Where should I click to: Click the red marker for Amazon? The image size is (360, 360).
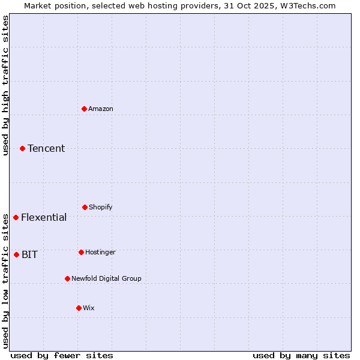(x=85, y=109)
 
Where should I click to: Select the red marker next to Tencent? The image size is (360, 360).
(x=22, y=148)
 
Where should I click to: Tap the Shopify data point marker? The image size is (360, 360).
(x=85, y=207)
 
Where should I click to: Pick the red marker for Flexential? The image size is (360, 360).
(x=16, y=217)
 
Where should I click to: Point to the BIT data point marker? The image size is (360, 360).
(x=16, y=254)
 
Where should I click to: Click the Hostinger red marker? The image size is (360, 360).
(x=81, y=252)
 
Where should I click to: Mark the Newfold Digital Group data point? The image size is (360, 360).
(x=67, y=278)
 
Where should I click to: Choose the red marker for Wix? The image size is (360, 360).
(x=79, y=308)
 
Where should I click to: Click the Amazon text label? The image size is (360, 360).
(x=101, y=109)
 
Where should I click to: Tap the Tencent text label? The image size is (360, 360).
(x=46, y=148)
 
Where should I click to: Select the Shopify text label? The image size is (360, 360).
(x=101, y=207)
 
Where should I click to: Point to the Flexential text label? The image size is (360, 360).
(x=44, y=217)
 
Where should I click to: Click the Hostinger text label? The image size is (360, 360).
(x=100, y=252)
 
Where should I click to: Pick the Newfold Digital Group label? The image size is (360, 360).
(x=107, y=278)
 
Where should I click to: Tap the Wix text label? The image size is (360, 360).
(x=89, y=308)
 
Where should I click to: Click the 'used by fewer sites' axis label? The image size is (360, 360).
(x=62, y=355)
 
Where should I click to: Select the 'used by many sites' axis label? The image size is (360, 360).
(x=301, y=355)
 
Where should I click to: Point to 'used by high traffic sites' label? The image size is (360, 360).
(x=5, y=85)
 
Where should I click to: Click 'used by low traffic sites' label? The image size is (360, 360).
(x=5, y=275)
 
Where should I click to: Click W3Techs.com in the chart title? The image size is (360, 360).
(x=306, y=5)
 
